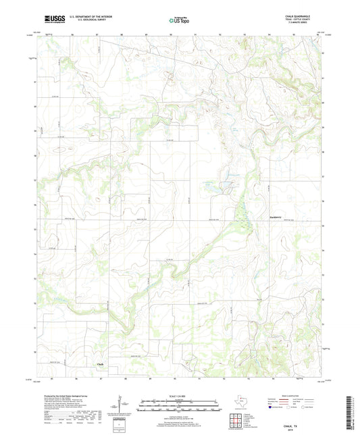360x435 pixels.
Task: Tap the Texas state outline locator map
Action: [x=244, y=401]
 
